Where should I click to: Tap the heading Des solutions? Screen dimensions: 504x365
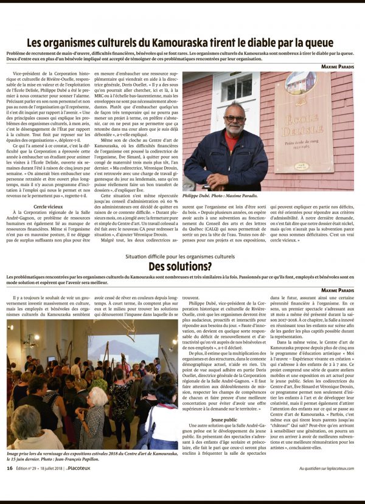pyautogui.click(x=180, y=266)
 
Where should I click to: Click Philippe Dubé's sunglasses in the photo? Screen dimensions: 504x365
pyautogui.click(x=234, y=118)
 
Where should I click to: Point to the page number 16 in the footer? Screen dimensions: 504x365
pyautogui.click(x=10, y=485)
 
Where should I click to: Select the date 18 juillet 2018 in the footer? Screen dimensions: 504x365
pyautogui.click(x=52, y=485)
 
